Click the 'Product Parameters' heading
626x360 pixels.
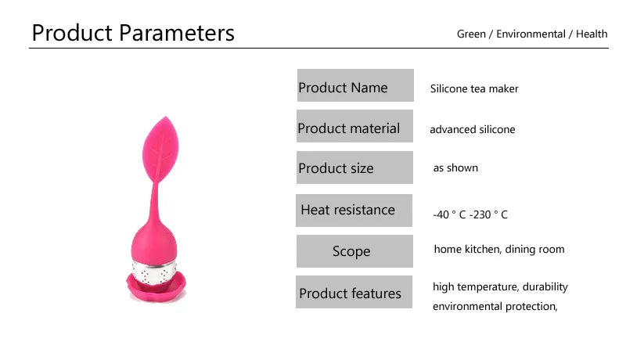coord(133,33)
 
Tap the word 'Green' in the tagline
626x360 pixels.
coord(470,34)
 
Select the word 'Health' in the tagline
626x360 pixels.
coord(592,34)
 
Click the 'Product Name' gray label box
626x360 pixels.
coord(354,85)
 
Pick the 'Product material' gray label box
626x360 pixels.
coord(354,127)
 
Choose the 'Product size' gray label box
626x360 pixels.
coord(354,167)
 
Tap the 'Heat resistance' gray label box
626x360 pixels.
coord(354,210)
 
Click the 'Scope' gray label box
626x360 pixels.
coord(354,251)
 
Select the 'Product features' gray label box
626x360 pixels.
coord(354,293)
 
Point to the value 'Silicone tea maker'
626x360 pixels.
coord(474,88)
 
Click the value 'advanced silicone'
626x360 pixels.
coord(473,130)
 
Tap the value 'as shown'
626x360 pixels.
coord(455,168)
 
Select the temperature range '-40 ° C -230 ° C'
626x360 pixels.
coord(470,214)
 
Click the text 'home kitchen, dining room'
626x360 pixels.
coord(499,250)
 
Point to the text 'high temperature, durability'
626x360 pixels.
coord(501,287)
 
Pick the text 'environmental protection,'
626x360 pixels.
coord(495,306)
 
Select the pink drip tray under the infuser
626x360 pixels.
coord(157,287)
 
